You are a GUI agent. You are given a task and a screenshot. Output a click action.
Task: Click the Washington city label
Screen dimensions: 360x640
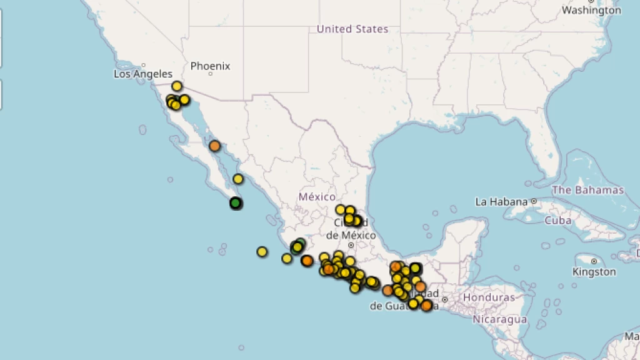click(591, 10)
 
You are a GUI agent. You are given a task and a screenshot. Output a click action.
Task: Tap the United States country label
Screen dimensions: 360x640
click(352, 29)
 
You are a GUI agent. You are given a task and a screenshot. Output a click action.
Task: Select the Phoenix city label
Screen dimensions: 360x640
click(210, 66)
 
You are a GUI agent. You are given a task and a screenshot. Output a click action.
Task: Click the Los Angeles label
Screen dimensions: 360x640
click(142, 74)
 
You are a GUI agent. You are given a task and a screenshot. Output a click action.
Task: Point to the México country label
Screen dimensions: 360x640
click(316, 196)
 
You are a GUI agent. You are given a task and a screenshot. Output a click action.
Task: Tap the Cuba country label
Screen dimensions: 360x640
click(558, 220)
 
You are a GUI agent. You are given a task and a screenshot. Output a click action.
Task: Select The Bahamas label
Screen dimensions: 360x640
click(587, 190)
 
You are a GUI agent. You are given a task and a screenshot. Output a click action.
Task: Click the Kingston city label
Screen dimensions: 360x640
click(594, 272)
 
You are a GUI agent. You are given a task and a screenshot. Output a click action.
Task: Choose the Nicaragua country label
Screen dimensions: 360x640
click(499, 319)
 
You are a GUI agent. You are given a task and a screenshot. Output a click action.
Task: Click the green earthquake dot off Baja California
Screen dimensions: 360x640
click(236, 202)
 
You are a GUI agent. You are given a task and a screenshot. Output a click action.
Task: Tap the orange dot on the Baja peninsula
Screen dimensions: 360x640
click(214, 146)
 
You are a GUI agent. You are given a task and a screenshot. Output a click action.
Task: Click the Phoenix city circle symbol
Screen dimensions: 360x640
click(211, 74)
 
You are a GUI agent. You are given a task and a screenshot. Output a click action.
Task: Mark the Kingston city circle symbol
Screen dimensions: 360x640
click(594, 261)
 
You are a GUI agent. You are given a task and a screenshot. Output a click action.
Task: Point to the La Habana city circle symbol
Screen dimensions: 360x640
click(534, 201)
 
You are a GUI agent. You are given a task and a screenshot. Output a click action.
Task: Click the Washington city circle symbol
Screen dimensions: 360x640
click(591, 1)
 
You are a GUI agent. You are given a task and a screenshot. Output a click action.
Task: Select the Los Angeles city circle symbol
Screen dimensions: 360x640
click(143, 65)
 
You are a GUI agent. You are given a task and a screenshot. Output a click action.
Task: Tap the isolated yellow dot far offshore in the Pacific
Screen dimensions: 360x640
click(262, 252)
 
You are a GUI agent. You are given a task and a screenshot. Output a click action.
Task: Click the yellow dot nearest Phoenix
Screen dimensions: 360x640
click(177, 86)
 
